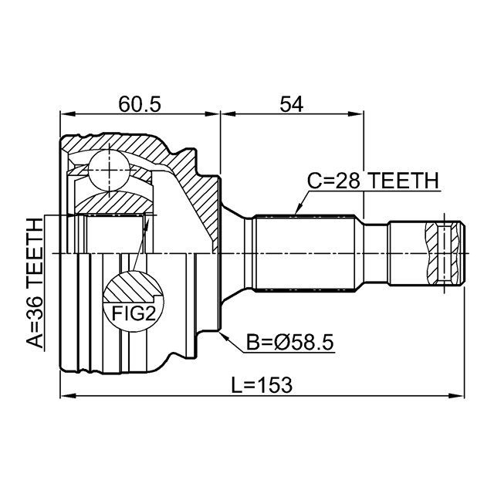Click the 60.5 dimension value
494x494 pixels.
(140, 103)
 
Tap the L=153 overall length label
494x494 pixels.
(262, 384)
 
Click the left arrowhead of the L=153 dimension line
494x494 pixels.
(65, 397)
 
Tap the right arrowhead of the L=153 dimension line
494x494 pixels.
(462, 397)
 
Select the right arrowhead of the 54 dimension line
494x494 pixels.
(359, 115)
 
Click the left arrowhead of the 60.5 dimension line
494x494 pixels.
(65, 115)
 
